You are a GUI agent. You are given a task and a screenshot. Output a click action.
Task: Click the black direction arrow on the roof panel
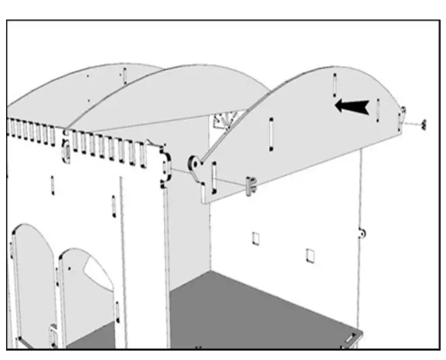(352, 106)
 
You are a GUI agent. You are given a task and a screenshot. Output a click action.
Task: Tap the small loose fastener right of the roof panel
(424, 124)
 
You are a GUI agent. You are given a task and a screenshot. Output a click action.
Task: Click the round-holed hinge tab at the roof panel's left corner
(194, 163)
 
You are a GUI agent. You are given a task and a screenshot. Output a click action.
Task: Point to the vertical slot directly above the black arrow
(334, 84)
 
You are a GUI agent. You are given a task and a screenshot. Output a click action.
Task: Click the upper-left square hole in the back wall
(256, 239)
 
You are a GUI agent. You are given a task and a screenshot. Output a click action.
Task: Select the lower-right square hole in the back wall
(310, 255)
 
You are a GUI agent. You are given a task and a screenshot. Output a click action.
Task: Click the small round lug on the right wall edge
(362, 233)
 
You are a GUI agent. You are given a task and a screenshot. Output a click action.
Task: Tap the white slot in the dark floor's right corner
(351, 336)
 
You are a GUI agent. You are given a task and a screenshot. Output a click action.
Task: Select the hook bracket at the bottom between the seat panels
(53, 335)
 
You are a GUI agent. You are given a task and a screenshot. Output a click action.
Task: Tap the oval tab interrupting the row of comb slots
(66, 151)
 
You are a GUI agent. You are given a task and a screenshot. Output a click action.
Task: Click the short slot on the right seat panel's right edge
(117, 310)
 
